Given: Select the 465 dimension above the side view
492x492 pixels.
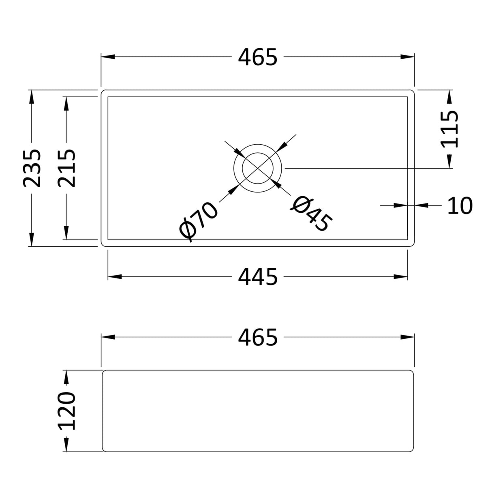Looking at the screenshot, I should click(257, 337).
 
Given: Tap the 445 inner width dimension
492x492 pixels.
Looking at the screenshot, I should click(257, 277).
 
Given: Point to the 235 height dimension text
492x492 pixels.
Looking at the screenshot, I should click(32, 168).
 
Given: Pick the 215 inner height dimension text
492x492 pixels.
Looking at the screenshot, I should click(66, 168).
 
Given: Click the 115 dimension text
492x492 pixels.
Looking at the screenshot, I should click(449, 129).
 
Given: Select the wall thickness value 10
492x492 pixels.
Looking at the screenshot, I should click(460, 206).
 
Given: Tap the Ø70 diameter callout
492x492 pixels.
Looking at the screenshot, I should click(199, 222).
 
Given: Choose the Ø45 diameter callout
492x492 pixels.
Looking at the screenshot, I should click(311, 214).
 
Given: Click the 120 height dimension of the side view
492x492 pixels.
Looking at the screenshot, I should click(66, 411).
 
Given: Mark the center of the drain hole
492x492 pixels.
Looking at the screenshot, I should click(257, 168).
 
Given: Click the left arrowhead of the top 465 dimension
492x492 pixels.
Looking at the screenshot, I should click(107, 57).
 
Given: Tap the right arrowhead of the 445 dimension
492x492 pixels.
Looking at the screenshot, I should click(401, 277).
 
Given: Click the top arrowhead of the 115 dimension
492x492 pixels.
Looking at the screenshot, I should click(449, 96).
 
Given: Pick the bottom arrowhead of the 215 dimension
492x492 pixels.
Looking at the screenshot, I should click(66, 233).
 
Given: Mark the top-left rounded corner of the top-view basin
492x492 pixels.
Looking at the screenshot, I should click(103, 92).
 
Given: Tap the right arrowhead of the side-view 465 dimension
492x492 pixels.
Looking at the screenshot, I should click(407, 337).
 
